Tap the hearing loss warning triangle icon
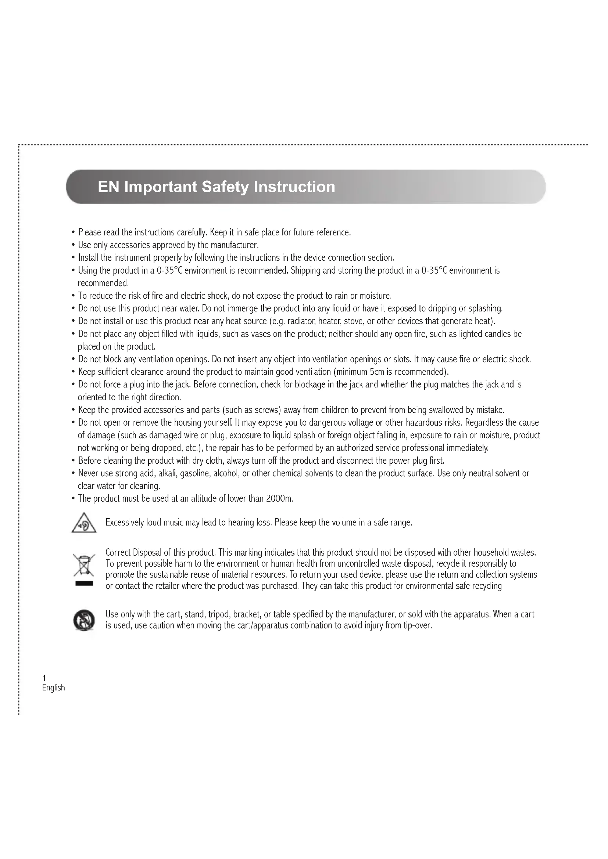(84, 523)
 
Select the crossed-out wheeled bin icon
(84, 565)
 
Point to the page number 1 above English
(44, 678)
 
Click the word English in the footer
(54, 687)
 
